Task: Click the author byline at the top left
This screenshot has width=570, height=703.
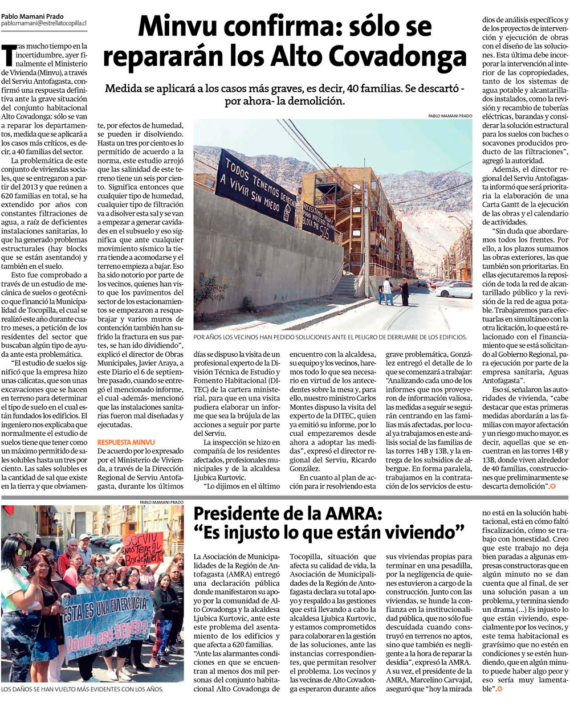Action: tap(32, 17)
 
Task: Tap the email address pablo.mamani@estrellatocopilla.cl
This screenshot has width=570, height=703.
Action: tap(43, 24)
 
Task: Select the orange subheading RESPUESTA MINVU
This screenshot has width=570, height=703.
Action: tap(126, 442)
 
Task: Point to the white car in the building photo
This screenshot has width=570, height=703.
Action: tap(454, 291)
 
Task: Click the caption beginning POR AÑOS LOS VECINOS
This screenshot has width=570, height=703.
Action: tap(331, 337)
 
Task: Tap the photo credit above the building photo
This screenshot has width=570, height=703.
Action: tap(450, 116)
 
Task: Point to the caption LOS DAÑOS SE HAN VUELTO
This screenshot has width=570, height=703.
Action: tap(83, 689)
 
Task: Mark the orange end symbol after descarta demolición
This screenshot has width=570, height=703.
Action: tap(552, 487)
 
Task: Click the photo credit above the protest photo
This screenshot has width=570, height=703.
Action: tap(161, 502)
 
